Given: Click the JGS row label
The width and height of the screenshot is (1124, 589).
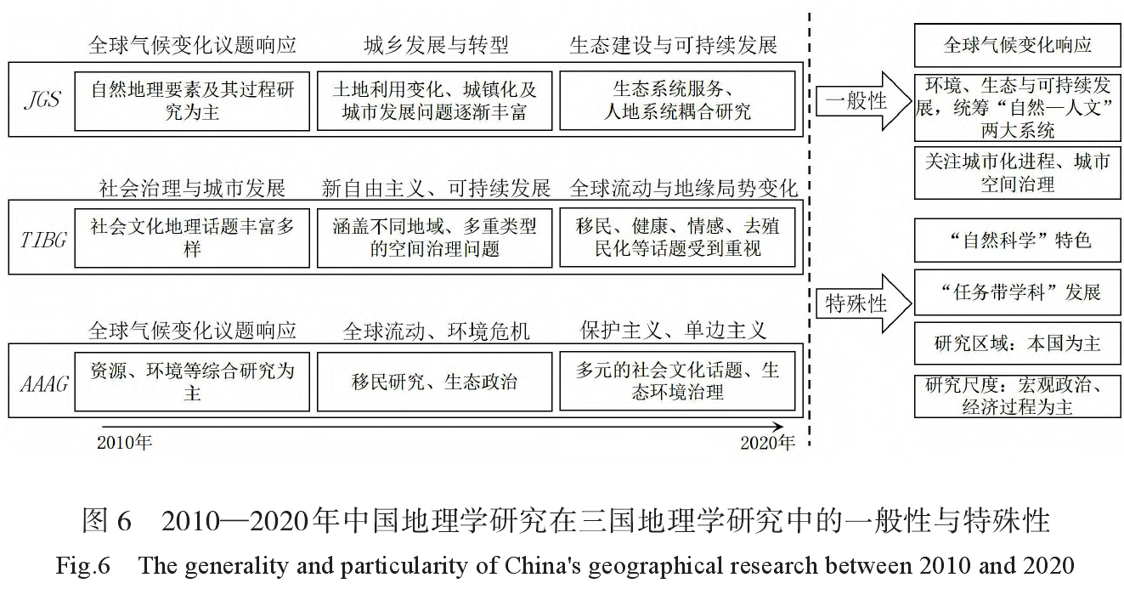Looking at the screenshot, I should pyautogui.click(x=42, y=100).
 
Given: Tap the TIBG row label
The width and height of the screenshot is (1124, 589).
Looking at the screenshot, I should pyautogui.click(x=42, y=238).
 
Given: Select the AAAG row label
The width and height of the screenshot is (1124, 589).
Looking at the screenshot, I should pyautogui.click(x=42, y=382).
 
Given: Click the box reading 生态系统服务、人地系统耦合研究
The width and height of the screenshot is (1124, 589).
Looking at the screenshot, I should pyautogui.click(x=677, y=100).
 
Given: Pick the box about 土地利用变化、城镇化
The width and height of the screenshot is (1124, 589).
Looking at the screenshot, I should pyautogui.click(x=434, y=100).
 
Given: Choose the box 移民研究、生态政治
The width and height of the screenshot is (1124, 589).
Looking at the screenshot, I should pyautogui.click(x=434, y=382).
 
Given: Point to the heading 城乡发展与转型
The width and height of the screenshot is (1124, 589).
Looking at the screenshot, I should pyautogui.click(x=436, y=45).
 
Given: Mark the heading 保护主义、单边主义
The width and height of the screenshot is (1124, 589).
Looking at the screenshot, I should pyautogui.click(x=674, y=330).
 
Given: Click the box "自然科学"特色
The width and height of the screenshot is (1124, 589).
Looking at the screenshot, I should pyautogui.click(x=1016, y=241).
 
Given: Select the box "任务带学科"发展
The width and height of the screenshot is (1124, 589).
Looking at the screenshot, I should pyautogui.click(x=1016, y=292).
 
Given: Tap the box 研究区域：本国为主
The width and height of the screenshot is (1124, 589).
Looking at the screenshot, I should pyautogui.click(x=1016, y=343).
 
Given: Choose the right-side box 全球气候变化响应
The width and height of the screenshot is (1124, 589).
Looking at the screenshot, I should pyautogui.click(x=1016, y=45).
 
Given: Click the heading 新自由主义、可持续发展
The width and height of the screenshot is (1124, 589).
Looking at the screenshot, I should pyautogui.click(x=436, y=188).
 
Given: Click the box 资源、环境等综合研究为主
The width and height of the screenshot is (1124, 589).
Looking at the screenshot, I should pyautogui.click(x=192, y=382).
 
